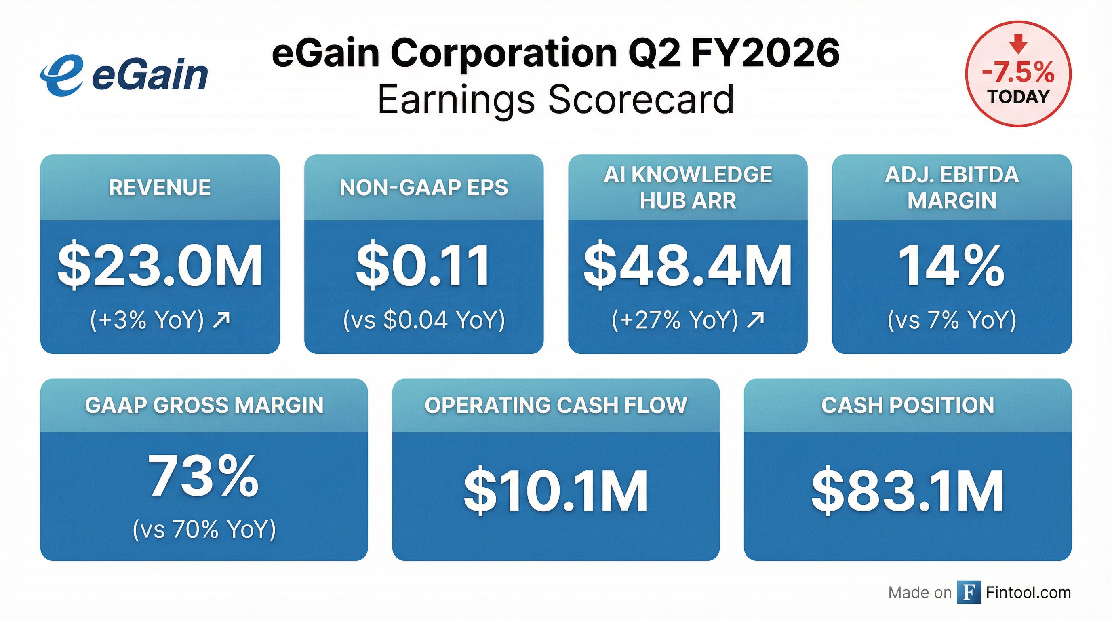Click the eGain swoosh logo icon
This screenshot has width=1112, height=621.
click(62, 75)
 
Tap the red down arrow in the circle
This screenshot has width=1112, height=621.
click(1018, 44)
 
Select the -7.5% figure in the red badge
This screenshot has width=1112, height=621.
click(1018, 72)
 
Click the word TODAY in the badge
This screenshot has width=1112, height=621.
click(1018, 97)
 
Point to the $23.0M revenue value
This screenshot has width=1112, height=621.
click(160, 266)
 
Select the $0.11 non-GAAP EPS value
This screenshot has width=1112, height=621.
click(423, 266)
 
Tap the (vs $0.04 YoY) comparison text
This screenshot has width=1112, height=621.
click(423, 321)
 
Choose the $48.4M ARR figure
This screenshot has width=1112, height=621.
click(688, 266)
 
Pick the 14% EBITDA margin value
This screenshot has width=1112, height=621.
click(952, 266)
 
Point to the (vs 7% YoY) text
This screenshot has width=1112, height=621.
click(952, 321)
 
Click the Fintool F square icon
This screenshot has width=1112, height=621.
click(969, 593)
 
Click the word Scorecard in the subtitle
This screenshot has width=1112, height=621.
click(641, 99)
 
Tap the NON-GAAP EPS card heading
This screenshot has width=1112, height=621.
click(423, 188)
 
